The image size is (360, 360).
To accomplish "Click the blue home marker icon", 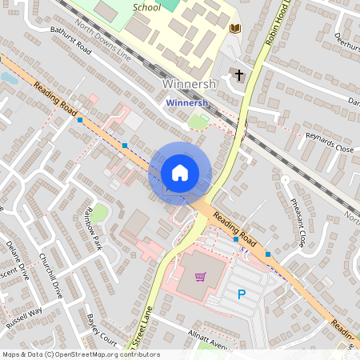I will click(180, 172).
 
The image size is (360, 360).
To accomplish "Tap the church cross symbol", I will click(237, 74).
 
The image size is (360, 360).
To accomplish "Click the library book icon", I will click(234, 30).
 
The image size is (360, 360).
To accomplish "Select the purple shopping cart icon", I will click(201, 277).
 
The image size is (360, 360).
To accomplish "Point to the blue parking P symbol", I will click(242, 295).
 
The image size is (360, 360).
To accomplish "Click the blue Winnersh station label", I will click(186, 102).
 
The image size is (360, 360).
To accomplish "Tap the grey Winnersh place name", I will click(186, 85).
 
